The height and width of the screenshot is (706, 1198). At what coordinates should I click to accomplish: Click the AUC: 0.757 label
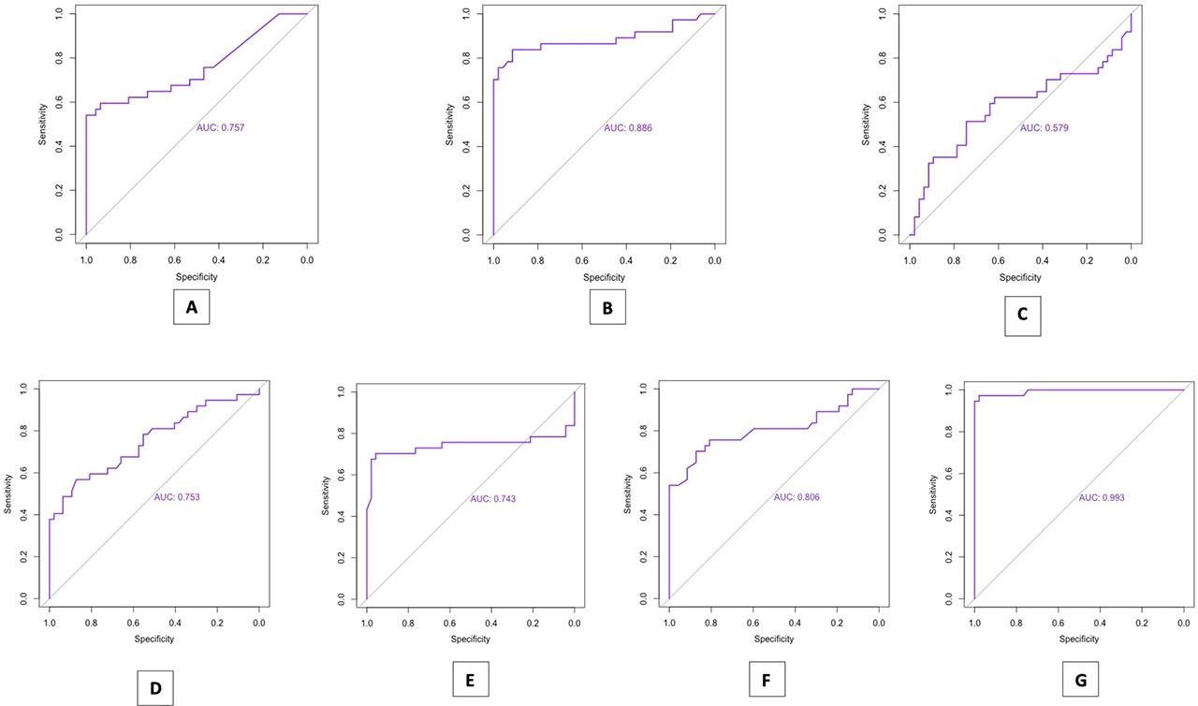click(x=220, y=128)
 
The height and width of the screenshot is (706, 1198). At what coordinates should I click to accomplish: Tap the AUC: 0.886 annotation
click(x=628, y=128)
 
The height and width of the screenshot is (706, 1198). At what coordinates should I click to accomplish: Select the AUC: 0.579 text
click(x=1044, y=128)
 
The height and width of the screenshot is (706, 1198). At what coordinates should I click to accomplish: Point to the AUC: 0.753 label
click(x=177, y=497)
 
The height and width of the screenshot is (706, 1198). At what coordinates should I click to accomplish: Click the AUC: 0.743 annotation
click(x=493, y=499)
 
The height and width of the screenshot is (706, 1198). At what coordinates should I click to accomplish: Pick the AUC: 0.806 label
click(x=796, y=497)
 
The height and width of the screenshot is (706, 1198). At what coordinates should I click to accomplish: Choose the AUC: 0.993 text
click(x=1102, y=497)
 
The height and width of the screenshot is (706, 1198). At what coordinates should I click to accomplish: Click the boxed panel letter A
click(x=192, y=307)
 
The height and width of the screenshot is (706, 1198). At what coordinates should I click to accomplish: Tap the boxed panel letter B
click(x=607, y=307)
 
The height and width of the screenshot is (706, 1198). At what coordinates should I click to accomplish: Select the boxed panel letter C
click(x=1023, y=315)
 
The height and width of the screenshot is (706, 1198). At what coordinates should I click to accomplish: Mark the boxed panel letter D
click(x=155, y=688)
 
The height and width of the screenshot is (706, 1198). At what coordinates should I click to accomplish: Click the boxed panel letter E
click(x=471, y=679)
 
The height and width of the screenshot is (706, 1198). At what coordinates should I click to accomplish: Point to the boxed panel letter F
click(x=767, y=679)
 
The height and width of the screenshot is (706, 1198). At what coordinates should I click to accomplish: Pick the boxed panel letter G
click(x=1080, y=679)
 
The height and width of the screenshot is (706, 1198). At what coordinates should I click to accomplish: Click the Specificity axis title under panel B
click(x=604, y=277)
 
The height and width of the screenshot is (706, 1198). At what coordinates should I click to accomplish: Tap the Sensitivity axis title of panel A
click(x=42, y=125)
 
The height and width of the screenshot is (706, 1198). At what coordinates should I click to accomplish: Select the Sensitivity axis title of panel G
click(x=933, y=494)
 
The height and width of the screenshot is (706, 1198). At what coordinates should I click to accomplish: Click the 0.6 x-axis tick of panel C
click(x=998, y=260)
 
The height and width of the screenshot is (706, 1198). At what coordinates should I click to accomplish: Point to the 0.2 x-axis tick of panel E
click(x=533, y=623)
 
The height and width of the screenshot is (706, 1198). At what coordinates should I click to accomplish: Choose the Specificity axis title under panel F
click(x=774, y=639)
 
